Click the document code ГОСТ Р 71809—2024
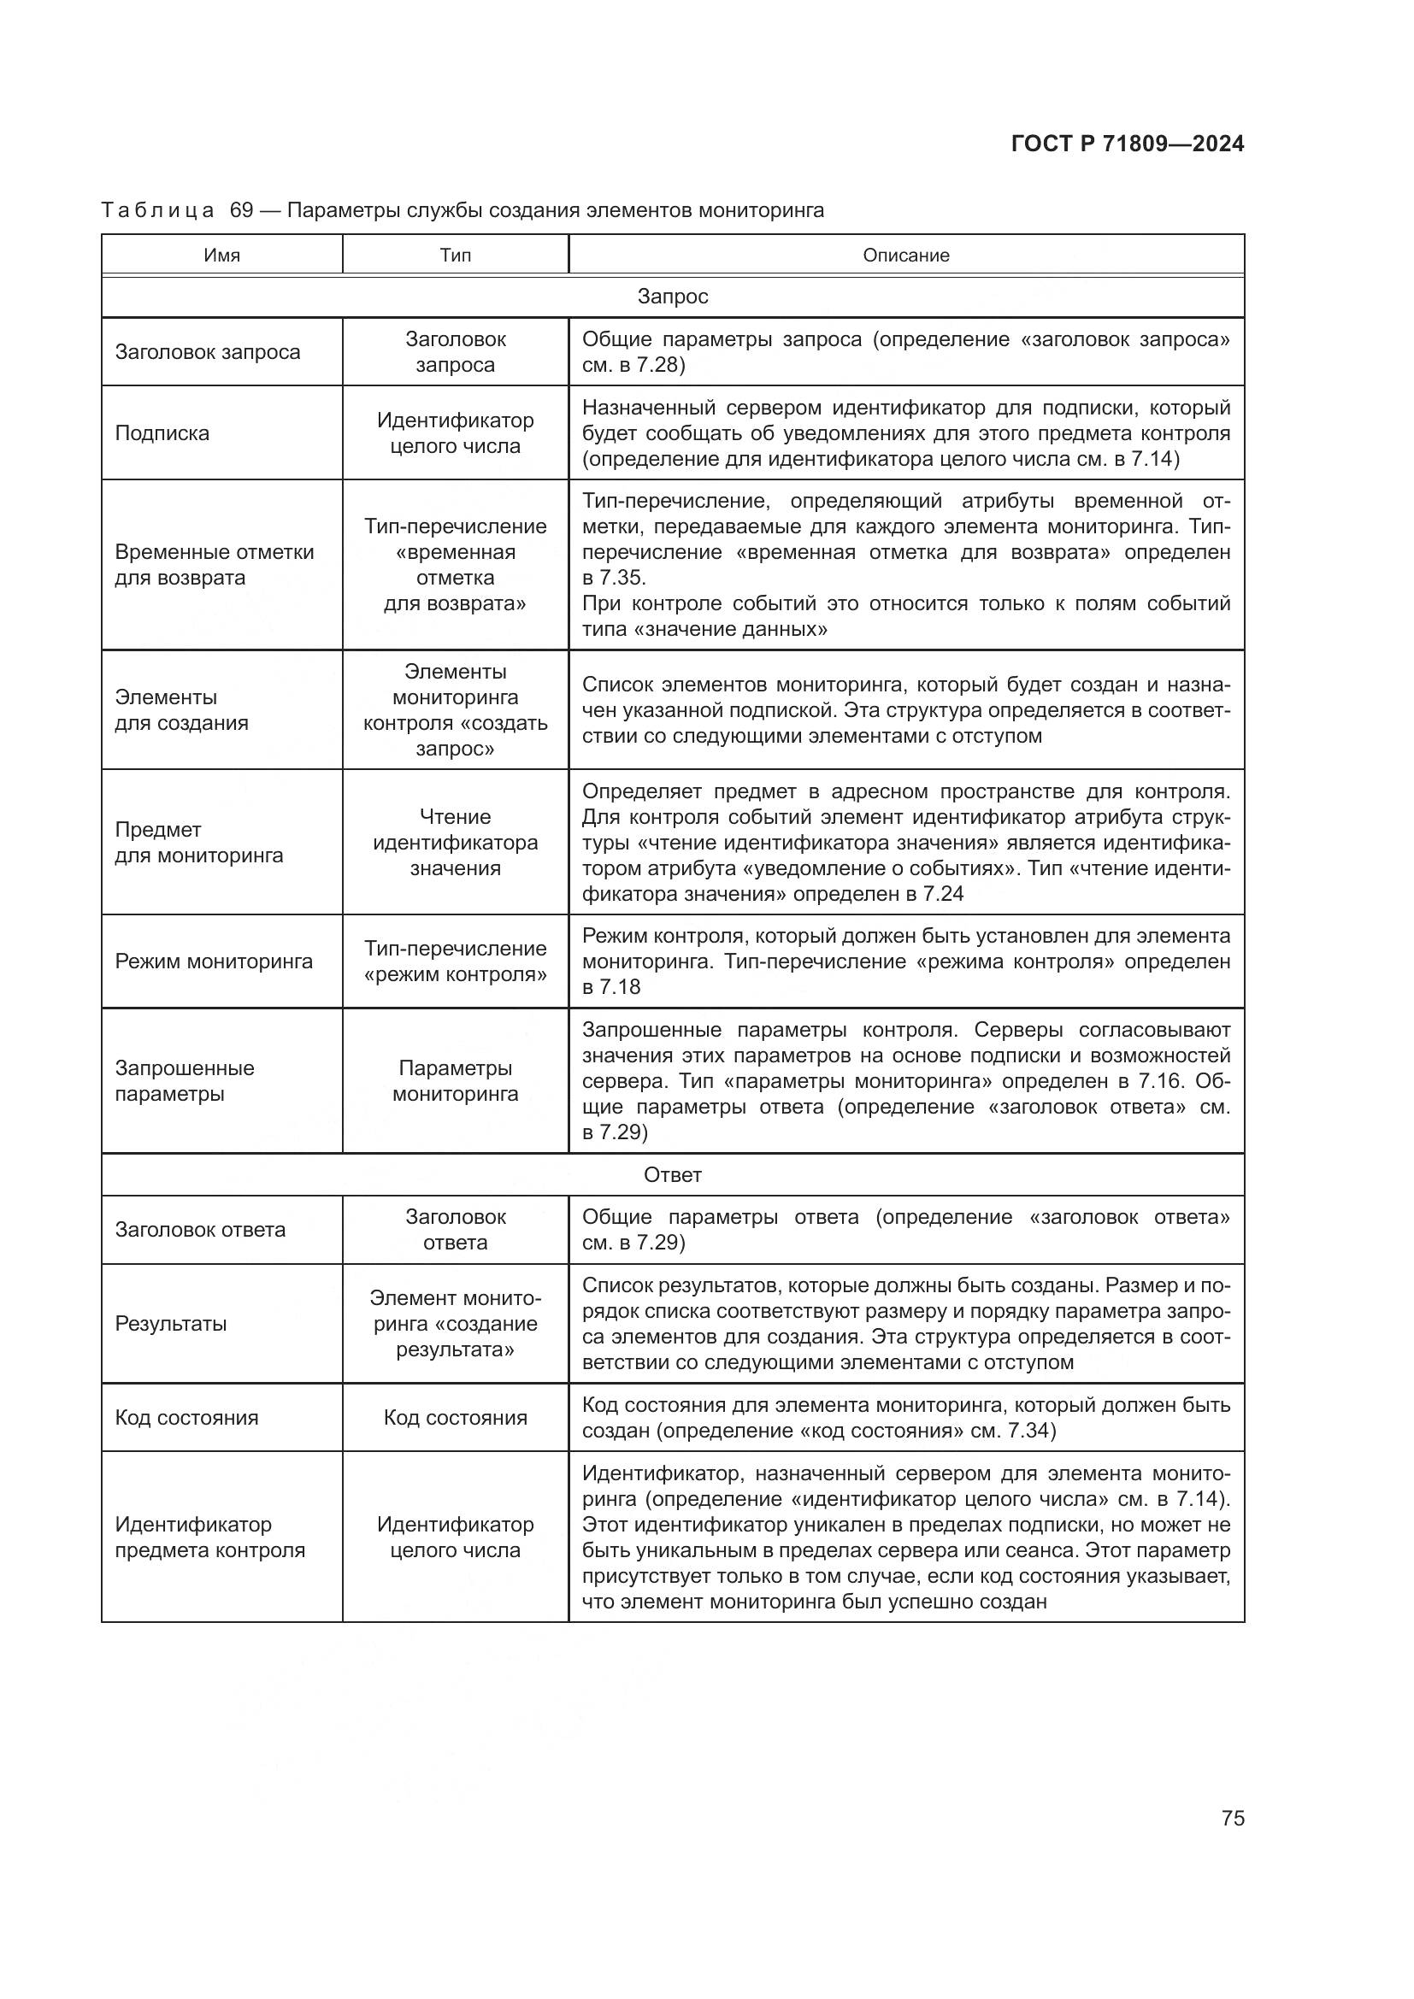pos(1128,144)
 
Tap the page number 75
pos(1232,1818)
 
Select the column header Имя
pos(222,255)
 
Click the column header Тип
pos(456,255)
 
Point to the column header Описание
pos(905,255)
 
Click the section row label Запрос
pos(672,297)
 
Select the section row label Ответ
pos(672,1174)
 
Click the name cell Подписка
pos(162,433)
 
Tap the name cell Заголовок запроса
pos(207,352)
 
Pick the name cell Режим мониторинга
pos(214,961)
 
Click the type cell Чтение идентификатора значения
pos(456,842)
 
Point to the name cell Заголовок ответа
pos(200,1229)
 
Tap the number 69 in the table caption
pos(241,211)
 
